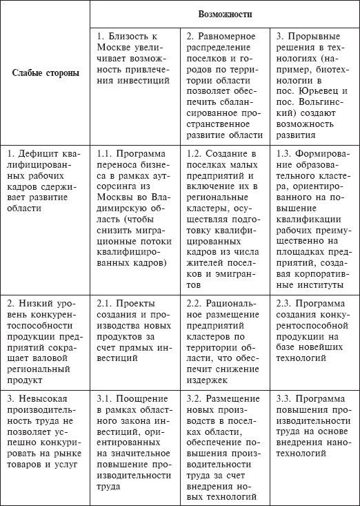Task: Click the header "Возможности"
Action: click(x=225, y=14)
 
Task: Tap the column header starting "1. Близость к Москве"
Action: click(x=134, y=57)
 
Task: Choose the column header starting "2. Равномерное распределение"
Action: click(x=225, y=84)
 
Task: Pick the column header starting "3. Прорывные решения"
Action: click(x=314, y=84)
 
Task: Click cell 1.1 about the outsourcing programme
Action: click(x=134, y=207)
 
